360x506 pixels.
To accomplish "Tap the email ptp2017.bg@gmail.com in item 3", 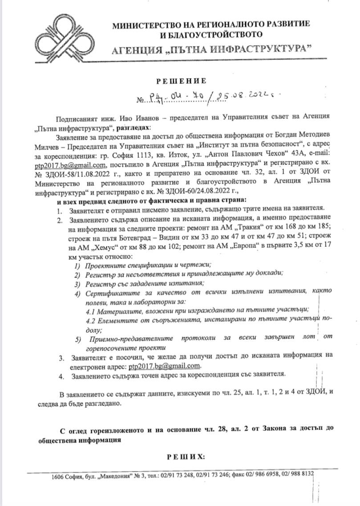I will point(163,366).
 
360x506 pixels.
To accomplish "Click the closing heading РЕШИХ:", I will point(186,457).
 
